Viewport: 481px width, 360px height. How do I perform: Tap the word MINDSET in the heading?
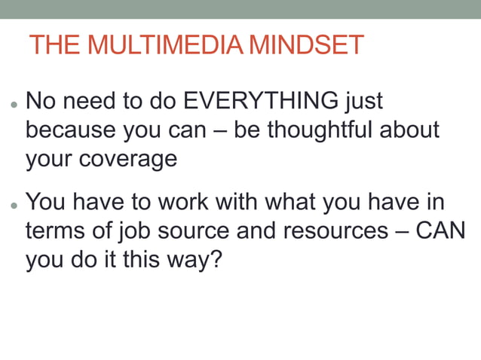tap(306, 45)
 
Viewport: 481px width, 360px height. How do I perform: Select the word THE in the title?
tap(54, 45)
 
